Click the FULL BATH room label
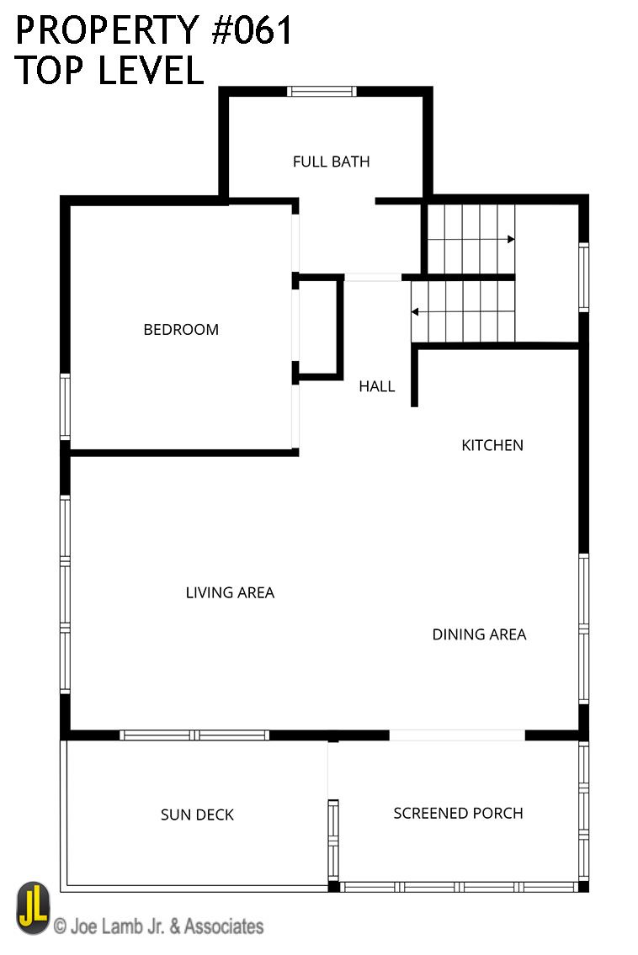click(331, 162)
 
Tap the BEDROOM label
click(181, 330)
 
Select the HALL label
click(376, 386)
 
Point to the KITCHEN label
click(492, 445)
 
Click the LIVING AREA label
click(230, 592)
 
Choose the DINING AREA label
click(479, 634)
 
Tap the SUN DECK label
click(197, 815)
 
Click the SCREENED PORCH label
click(458, 813)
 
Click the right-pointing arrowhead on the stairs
click(511, 239)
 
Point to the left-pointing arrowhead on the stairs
click(415, 312)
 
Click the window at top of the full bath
click(322, 92)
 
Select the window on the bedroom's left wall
click(65, 406)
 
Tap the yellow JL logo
click(33, 908)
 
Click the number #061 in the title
click(252, 30)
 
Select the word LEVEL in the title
click(151, 70)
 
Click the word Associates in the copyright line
click(224, 926)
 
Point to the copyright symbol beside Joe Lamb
click(60, 927)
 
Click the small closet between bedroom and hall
click(317, 328)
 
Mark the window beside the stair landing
click(583, 277)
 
